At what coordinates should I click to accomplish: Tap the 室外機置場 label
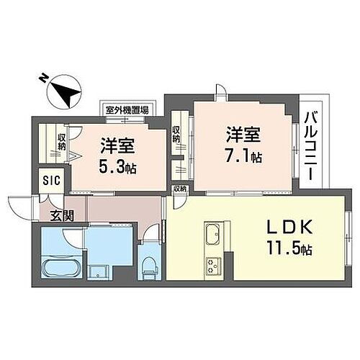tap(126, 110)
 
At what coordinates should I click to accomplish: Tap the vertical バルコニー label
tap(311, 144)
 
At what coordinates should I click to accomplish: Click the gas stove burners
tap(214, 265)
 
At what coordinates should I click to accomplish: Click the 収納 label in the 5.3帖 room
tap(63, 142)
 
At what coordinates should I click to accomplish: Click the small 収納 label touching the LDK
tap(179, 189)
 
